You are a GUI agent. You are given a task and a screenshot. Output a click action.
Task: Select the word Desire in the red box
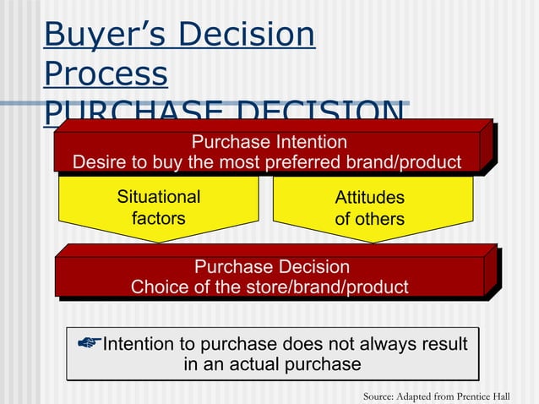pyautogui.click(x=101, y=161)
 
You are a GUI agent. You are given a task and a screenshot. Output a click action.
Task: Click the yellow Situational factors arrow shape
pyautogui.click(x=158, y=208)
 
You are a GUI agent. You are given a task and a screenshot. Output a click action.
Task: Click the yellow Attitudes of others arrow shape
pyautogui.click(x=372, y=208)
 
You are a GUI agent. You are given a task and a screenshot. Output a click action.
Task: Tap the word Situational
pyautogui.click(x=158, y=197)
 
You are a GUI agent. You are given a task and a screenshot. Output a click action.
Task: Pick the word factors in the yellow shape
pyautogui.click(x=158, y=218)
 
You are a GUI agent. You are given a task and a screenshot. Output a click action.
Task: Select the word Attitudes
pyautogui.click(x=369, y=198)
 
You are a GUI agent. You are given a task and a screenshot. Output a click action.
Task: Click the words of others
pyautogui.click(x=369, y=219)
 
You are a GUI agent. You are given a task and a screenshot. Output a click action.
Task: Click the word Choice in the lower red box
pyautogui.click(x=159, y=287)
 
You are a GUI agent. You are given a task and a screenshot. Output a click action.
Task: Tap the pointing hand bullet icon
pyautogui.click(x=88, y=343)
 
